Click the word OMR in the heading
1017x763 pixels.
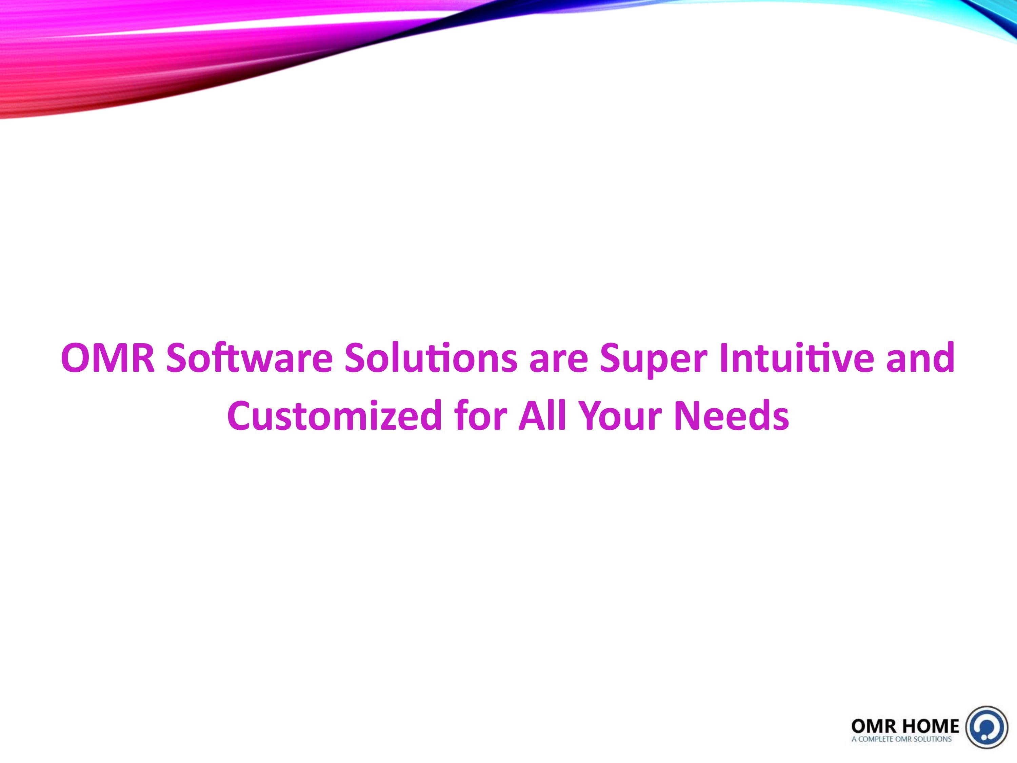tap(107, 359)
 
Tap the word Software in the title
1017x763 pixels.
tap(249, 359)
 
